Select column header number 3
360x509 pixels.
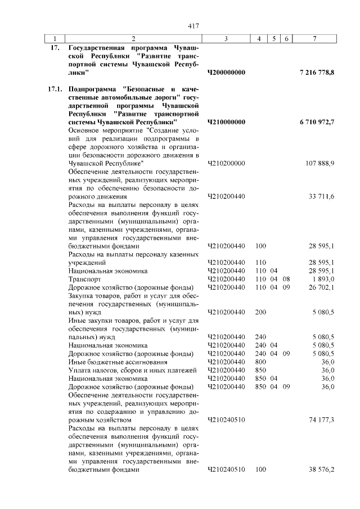coord(226,39)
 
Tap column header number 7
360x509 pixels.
coord(314,39)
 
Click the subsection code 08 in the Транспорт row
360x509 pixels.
coord(286,279)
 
